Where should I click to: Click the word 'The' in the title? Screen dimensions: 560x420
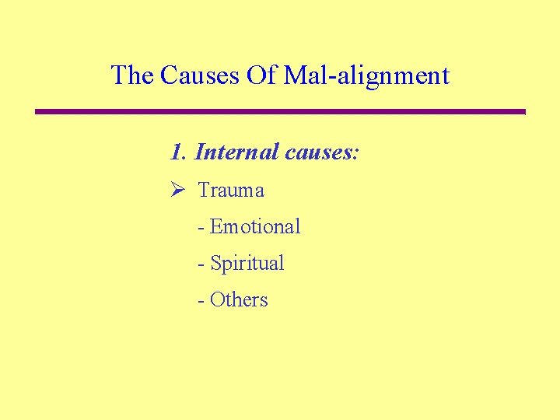(x=132, y=75)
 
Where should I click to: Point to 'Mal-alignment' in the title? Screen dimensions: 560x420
(x=366, y=77)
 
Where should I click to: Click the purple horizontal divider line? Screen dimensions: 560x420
(x=280, y=112)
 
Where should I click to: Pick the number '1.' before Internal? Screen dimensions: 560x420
(x=179, y=152)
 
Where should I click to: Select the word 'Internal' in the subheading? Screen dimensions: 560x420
(x=236, y=152)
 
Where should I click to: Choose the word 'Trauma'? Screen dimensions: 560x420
(x=231, y=191)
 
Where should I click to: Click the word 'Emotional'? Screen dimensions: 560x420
(x=255, y=227)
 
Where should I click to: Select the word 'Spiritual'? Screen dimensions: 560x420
(x=247, y=264)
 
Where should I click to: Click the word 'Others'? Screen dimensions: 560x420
(x=239, y=300)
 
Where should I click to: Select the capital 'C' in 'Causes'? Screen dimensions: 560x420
(x=168, y=75)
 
